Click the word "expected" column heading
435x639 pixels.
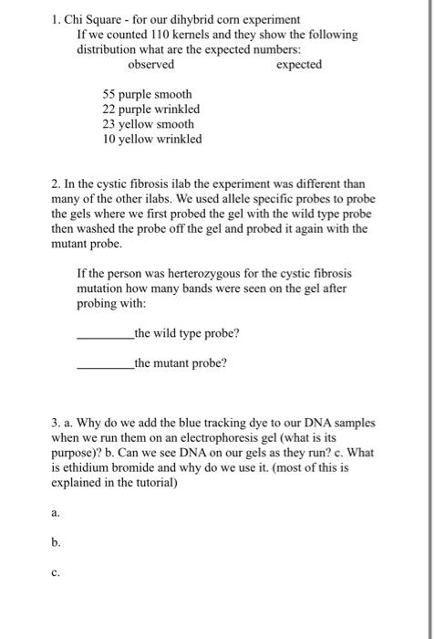click(x=298, y=65)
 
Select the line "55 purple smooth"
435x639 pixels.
click(x=147, y=95)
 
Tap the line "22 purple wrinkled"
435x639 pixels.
click(x=150, y=110)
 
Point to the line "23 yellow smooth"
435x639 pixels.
click(x=148, y=124)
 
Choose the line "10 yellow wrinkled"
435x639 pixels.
click(x=151, y=139)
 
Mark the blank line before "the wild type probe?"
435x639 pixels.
click(x=105, y=334)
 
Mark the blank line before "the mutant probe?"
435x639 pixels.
click(x=105, y=363)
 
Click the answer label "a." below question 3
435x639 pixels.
click(x=57, y=513)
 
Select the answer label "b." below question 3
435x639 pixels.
click(x=57, y=542)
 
